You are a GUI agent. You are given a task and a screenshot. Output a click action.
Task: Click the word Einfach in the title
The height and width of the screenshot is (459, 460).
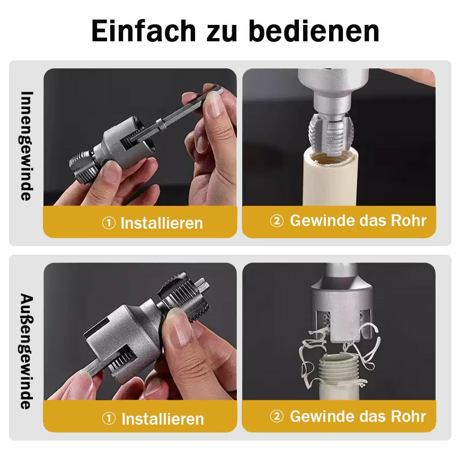[144, 31]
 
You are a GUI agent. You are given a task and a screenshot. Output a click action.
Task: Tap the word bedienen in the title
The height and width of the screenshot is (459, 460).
[314, 31]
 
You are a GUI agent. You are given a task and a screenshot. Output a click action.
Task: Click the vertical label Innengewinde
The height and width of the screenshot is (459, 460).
[26, 146]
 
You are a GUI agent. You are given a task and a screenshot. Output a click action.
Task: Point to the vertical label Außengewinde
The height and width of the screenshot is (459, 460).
[26, 351]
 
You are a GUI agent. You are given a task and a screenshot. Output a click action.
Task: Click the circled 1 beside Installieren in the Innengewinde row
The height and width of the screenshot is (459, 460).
[109, 223]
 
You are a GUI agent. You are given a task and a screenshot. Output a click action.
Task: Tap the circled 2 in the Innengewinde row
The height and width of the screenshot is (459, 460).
[277, 221]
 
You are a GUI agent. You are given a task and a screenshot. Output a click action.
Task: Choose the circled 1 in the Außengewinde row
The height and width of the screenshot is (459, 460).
[109, 418]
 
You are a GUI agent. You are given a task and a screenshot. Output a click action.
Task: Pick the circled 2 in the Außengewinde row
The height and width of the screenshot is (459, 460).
[277, 416]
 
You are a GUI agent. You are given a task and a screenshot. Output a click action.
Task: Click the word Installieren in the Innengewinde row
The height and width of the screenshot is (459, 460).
[162, 223]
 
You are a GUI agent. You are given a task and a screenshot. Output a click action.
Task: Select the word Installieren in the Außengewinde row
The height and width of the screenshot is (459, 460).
[163, 419]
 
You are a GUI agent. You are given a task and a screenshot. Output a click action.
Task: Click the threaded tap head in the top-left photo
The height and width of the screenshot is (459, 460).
[83, 168]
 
